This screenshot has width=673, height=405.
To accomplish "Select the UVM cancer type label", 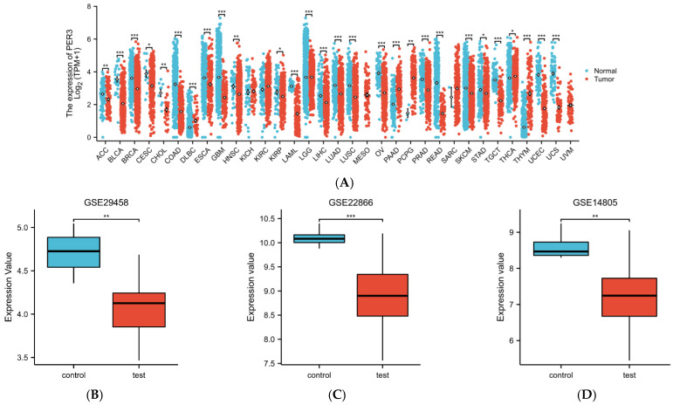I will click(x=570, y=152).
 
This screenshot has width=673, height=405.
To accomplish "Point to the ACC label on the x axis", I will click(x=104, y=152).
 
